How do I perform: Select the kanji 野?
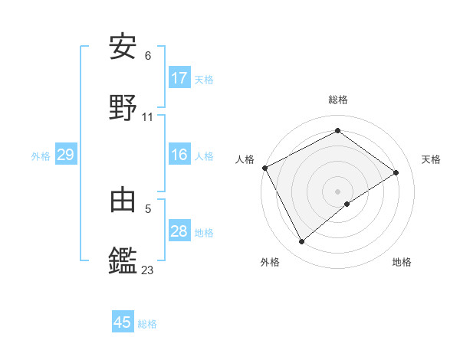tap(123, 107)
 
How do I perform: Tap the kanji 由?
tap(123, 199)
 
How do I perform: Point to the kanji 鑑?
tap(123, 260)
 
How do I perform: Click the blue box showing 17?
tap(179, 78)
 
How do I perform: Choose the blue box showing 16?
tap(179, 155)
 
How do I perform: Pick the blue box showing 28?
tap(179, 231)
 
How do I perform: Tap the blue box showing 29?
tap(65, 155)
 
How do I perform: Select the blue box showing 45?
tap(123, 322)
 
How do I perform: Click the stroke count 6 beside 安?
tap(148, 56)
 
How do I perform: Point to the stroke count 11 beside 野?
tap(148, 117)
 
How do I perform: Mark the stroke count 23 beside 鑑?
tap(148, 270)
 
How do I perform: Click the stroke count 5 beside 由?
tap(148, 208)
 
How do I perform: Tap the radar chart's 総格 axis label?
tap(338, 100)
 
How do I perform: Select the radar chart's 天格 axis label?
tap(431, 159)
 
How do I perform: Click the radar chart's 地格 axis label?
tap(402, 262)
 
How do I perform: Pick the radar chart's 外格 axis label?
tap(270, 262)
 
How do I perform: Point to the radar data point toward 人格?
tap(264, 168)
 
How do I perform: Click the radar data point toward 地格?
tap(347, 204)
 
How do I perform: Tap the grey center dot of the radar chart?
tap(337, 191)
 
